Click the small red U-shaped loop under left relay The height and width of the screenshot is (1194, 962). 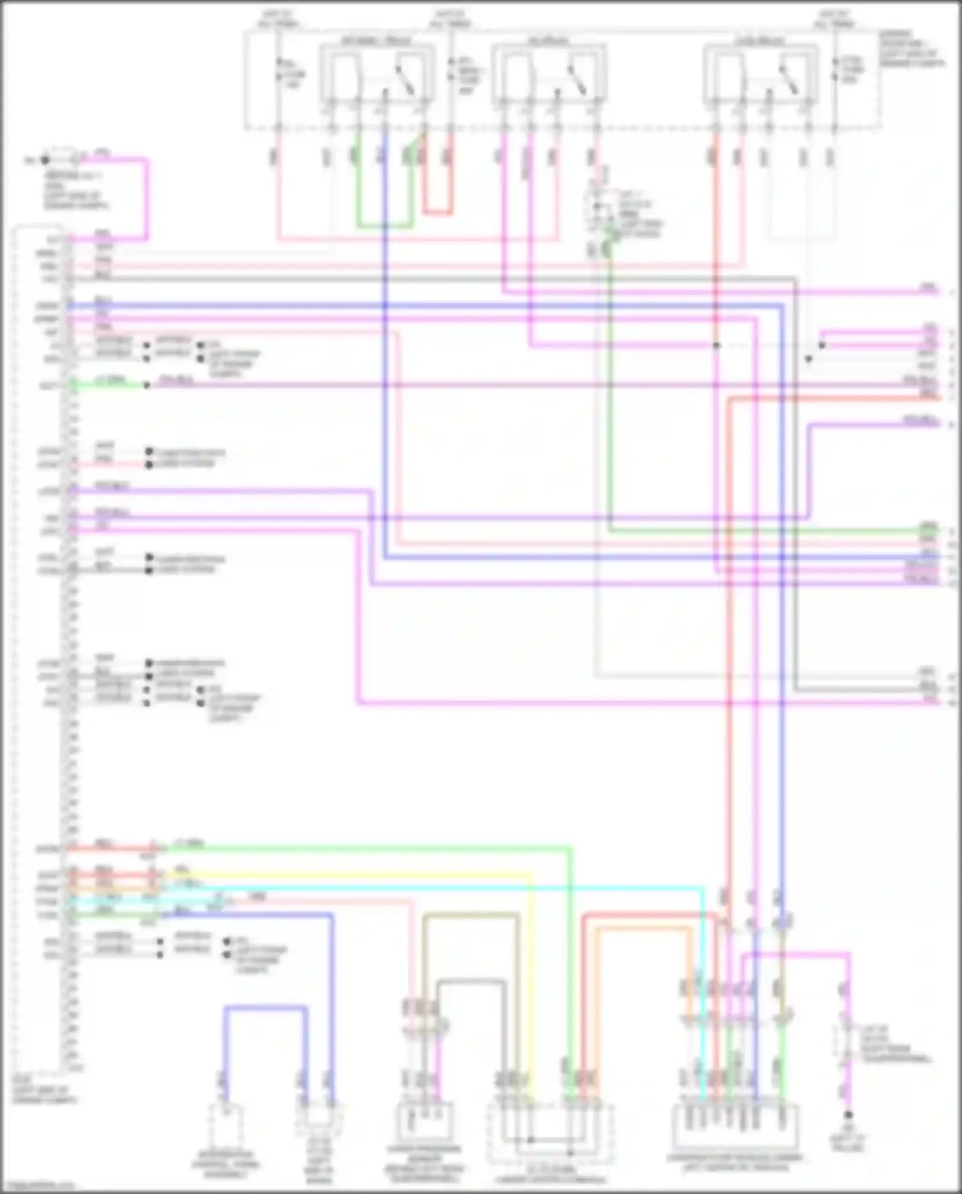tap(437, 212)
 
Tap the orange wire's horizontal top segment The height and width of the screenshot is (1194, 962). tap(641, 928)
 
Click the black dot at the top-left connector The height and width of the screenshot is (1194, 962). tap(45, 160)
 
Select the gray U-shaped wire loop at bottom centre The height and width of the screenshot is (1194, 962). tap(471, 982)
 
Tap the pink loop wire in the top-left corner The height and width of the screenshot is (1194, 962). tap(146, 199)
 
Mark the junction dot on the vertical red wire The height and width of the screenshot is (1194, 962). tap(716, 346)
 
